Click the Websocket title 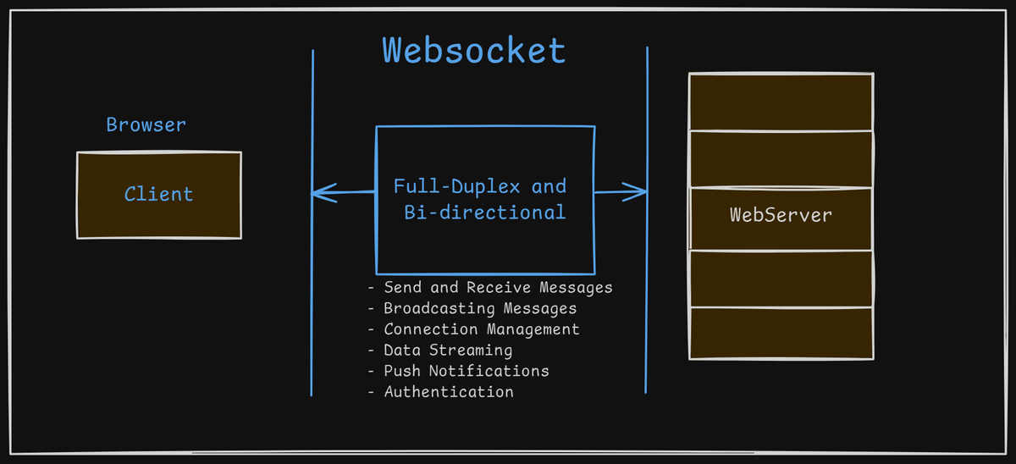coord(473,51)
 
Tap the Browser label coord(146,125)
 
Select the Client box coord(159,195)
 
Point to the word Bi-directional coord(484,212)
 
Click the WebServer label coord(781,215)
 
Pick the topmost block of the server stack coord(781,102)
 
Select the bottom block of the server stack coord(781,333)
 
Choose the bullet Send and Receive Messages coord(497,288)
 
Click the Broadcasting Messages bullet coord(479,308)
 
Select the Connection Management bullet coord(481,329)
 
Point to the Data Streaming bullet coord(447,350)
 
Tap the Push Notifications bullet coord(466,371)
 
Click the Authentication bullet coord(448,392)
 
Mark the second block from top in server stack coord(781,158)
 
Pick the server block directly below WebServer coord(781,278)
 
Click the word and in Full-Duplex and coord(549,185)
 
